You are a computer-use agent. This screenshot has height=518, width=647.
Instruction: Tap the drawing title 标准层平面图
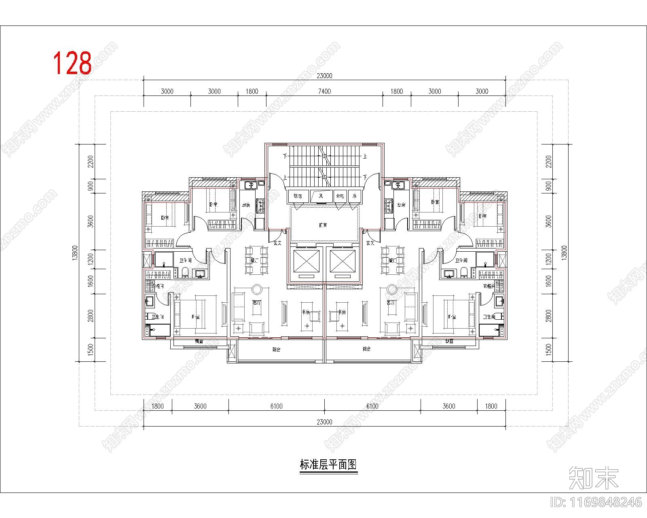point(328,465)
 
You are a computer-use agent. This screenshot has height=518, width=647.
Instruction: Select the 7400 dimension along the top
point(324,91)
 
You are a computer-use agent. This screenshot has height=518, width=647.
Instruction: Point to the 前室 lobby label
point(322,225)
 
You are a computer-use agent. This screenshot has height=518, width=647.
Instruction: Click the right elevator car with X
point(343,262)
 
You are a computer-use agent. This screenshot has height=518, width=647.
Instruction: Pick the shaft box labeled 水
point(354,196)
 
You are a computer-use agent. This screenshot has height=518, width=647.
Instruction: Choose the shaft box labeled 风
point(321,196)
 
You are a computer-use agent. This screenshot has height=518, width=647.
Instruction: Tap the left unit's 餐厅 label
point(254,261)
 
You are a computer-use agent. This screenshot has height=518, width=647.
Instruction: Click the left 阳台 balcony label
point(276,349)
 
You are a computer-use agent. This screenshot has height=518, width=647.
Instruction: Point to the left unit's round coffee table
point(257,289)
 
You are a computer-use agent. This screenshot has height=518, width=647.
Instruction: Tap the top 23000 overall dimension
point(324,76)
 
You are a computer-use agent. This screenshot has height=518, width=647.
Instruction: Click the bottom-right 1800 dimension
point(491,406)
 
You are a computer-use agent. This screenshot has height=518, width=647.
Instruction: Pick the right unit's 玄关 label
point(370,243)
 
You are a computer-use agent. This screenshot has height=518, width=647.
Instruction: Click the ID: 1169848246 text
point(596,502)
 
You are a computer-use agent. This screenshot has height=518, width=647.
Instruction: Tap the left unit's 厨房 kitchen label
point(245,205)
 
